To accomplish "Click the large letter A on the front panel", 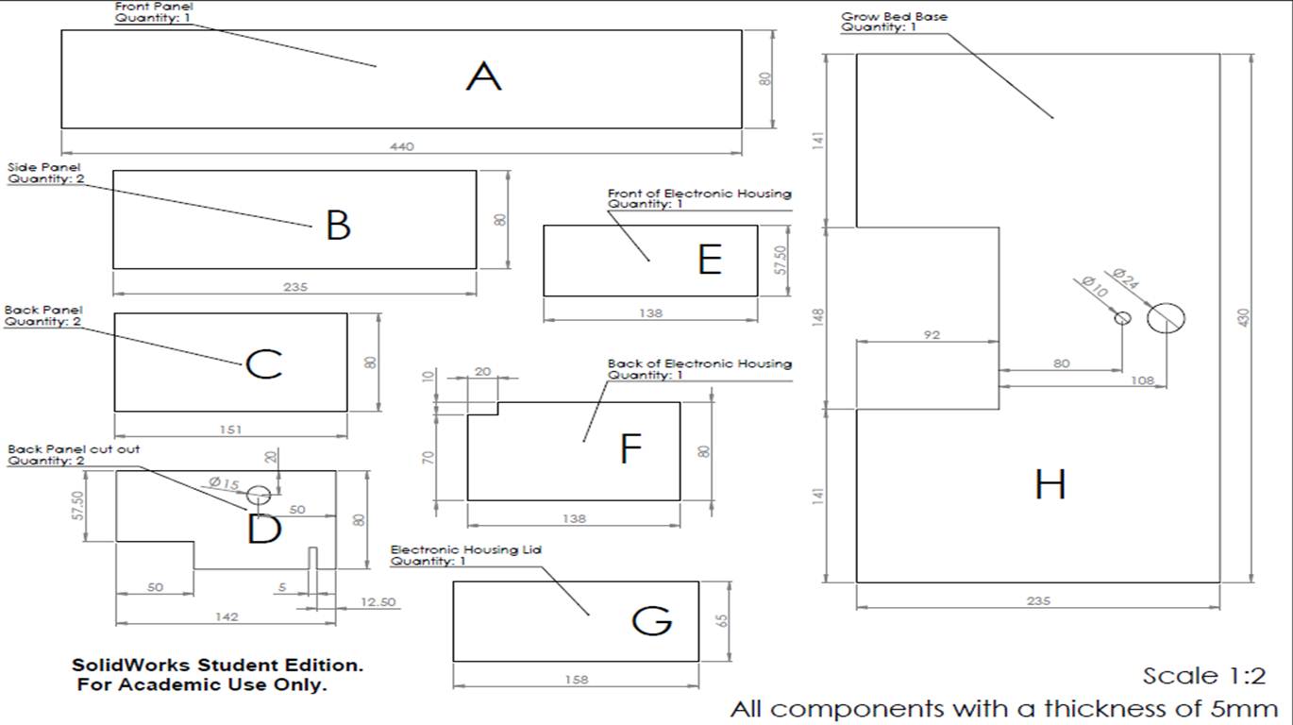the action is (x=484, y=76).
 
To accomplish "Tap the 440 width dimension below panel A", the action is (x=402, y=146).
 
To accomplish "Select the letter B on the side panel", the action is (x=338, y=225).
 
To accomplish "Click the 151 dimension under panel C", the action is (x=230, y=430).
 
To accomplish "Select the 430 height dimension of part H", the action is (x=1244, y=317).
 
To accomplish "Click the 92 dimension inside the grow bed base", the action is (x=932, y=335).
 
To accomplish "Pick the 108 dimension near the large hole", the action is (x=1142, y=380).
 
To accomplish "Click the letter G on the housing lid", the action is (x=652, y=621).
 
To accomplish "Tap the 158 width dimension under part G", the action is (x=576, y=680).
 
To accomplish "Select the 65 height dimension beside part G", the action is (x=722, y=620).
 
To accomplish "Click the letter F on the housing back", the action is (x=630, y=448).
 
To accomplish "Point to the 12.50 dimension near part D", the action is (x=378, y=602).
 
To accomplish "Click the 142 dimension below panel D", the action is (x=227, y=617).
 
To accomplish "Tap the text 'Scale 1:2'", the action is (x=1204, y=676).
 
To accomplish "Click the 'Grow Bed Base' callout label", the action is (x=894, y=17).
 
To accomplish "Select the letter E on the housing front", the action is (x=710, y=260).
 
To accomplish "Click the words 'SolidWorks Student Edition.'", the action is (x=218, y=665).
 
